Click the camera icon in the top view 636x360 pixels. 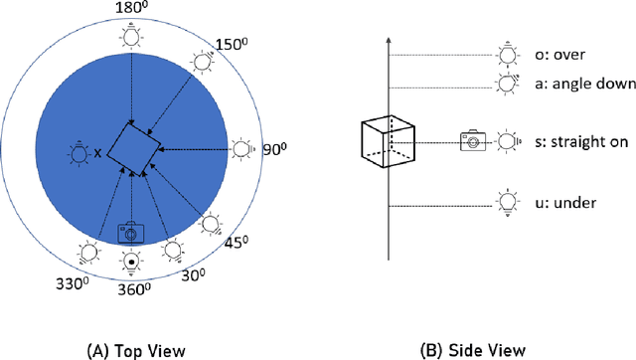pyautogui.click(x=130, y=233)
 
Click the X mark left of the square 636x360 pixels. pyautogui.click(x=98, y=154)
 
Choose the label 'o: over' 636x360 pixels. pyautogui.click(x=572, y=55)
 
